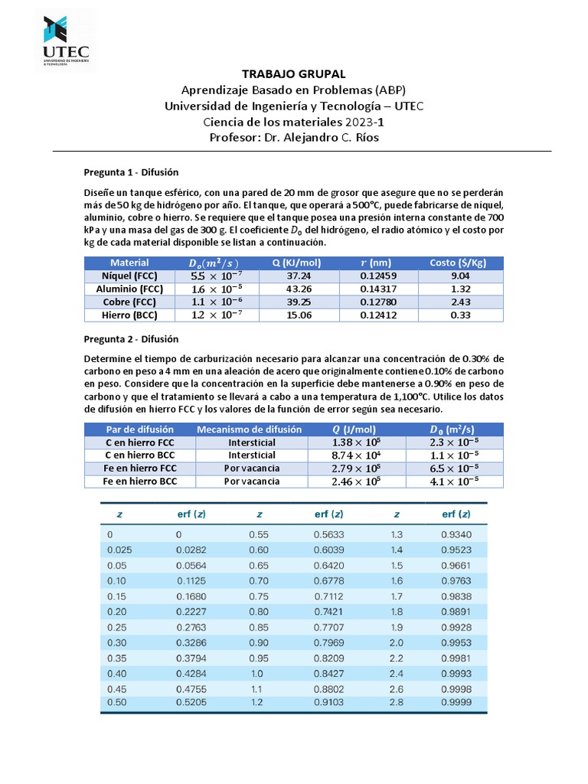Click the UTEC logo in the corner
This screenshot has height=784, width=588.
point(64,40)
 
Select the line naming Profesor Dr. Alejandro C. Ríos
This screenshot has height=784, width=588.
point(294,137)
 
